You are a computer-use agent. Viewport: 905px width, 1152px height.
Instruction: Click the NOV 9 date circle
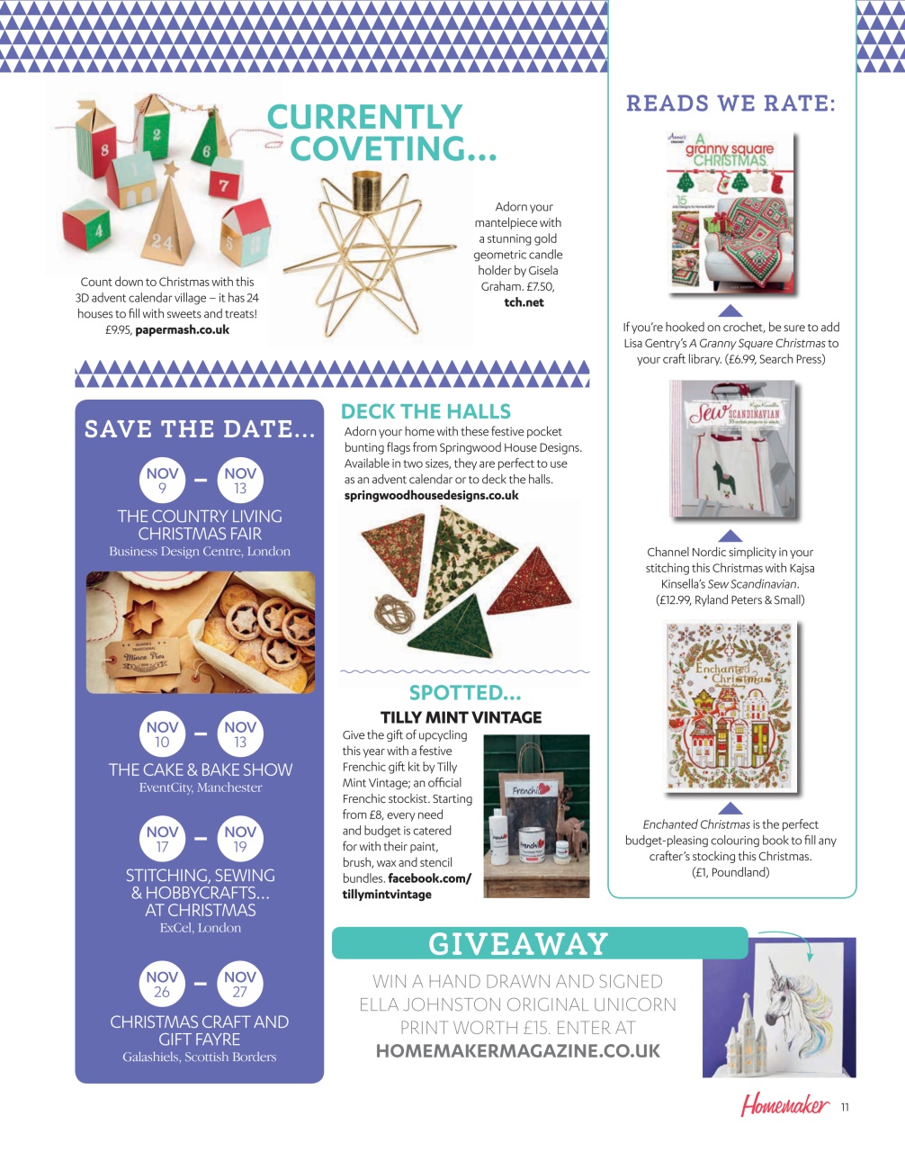click(x=162, y=481)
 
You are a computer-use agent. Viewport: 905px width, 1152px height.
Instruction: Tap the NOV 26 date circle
click(x=162, y=984)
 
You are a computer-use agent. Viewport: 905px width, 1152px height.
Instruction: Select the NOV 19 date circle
click(x=240, y=839)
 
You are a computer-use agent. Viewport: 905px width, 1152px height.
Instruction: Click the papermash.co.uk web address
click(x=183, y=329)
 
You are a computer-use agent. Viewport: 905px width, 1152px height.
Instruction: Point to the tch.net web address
click(x=524, y=302)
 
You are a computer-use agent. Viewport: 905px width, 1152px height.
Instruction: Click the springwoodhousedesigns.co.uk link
click(x=431, y=495)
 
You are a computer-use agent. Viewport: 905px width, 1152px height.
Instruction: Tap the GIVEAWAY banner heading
click(x=517, y=943)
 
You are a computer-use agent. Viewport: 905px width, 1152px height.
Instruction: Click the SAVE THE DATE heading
click(x=200, y=429)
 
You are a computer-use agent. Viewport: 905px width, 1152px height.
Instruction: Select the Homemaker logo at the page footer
click(x=784, y=1105)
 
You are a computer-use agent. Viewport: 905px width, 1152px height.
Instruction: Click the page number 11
click(x=845, y=1107)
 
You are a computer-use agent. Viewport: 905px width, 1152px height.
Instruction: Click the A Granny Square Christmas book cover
click(x=731, y=212)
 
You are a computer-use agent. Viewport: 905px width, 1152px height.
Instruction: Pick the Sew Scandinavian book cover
click(x=733, y=448)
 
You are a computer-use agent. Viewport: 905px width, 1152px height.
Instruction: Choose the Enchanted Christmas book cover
click(x=730, y=707)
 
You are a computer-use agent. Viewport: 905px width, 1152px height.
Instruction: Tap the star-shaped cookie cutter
click(x=142, y=616)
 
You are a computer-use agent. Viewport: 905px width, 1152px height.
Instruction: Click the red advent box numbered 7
click(x=225, y=183)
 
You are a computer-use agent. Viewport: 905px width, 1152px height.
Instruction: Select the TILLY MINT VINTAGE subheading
click(x=461, y=717)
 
